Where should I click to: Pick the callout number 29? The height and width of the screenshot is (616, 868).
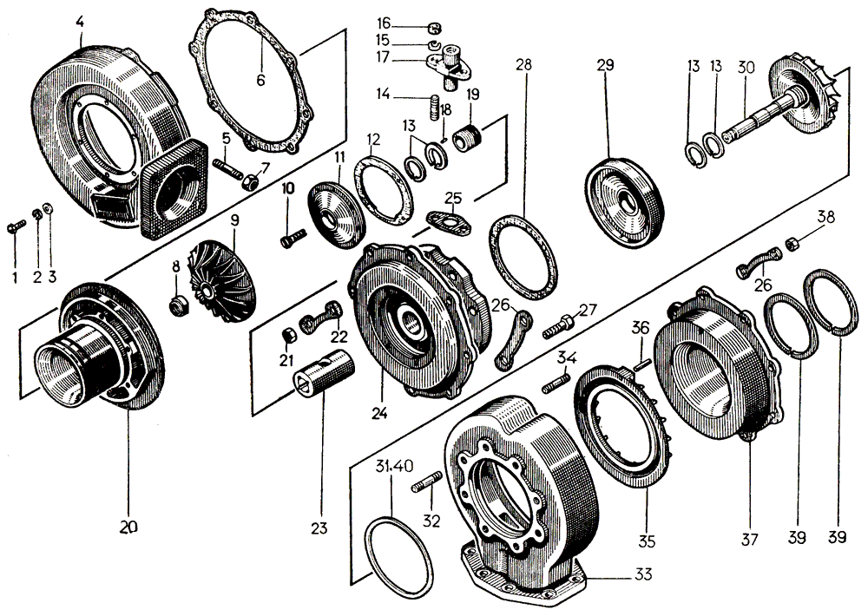tap(606, 65)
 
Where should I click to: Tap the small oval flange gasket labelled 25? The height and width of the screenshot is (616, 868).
tap(449, 221)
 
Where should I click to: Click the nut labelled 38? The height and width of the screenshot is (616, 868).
tap(792, 246)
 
